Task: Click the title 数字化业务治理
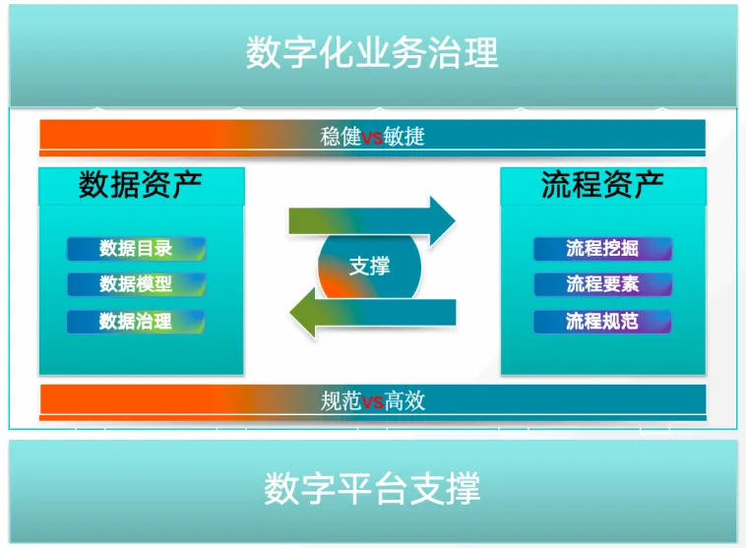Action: (x=372, y=52)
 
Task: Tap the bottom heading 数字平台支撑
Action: (x=372, y=489)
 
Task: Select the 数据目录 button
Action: (x=136, y=249)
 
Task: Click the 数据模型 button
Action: (x=136, y=284)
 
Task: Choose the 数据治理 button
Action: (x=136, y=321)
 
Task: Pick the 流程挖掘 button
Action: (x=602, y=249)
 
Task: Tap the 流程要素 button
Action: (x=602, y=284)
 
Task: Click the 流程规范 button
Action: (x=602, y=321)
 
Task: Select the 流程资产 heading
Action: (x=602, y=185)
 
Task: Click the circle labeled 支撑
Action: (x=369, y=266)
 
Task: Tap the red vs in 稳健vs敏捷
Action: (x=372, y=137)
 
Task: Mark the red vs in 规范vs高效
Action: (x=372, y=400)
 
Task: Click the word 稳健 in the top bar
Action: (x=341, y=137)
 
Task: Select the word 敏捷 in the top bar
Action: (x=404, y=137)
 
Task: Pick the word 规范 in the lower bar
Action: (x=341, y=400)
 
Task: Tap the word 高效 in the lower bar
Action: (x=404, y=400)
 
